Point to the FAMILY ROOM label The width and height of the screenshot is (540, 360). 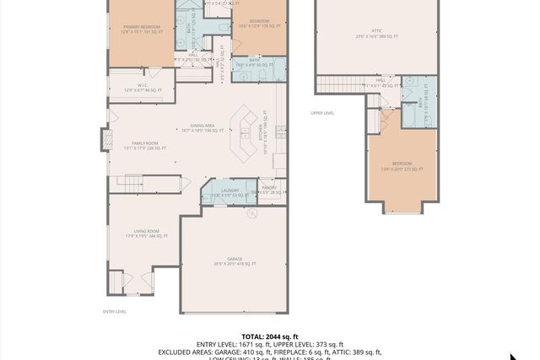pos(144,145)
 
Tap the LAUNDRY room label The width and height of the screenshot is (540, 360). pos(219,192)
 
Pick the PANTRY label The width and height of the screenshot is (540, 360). pos(270,190)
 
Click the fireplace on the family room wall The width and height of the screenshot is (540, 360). pos(106,139)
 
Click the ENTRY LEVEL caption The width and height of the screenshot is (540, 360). pos(114,311)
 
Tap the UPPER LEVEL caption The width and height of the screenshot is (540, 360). pos(322,112)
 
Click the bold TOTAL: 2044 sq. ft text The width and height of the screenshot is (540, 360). pos(269,336)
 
